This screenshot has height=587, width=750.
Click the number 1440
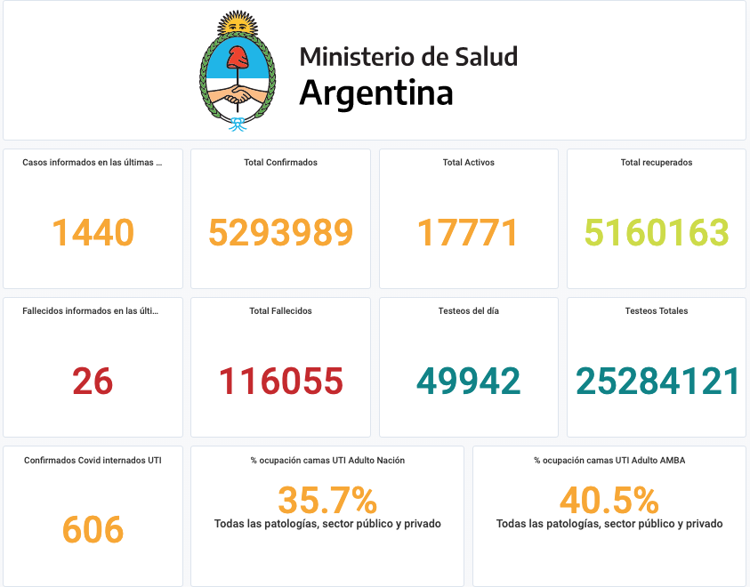tap(93, 233)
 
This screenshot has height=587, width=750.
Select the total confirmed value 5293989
tap(280, 233)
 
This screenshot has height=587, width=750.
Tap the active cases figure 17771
tap(468, 233)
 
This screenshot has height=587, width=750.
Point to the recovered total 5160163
tap(657, 233)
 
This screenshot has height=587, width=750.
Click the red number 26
tap(93, 382)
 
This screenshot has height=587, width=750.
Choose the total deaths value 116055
tap(280, 382)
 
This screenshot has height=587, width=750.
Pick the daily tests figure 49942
tap(468, 382)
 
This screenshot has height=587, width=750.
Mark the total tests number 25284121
tap(657, 382)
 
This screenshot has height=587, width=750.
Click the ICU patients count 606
tap(93, 530)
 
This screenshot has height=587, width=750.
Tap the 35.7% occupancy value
tap(327, 501)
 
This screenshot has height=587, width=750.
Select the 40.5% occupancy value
tap(609, 501)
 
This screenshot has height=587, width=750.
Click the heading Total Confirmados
tap(280, 163)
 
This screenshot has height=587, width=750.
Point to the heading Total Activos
tap(468, 163)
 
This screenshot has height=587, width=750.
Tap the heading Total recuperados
tap(657, 163)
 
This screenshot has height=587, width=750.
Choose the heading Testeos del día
tap(468, 311)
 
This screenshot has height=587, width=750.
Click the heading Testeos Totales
tap(657, 311)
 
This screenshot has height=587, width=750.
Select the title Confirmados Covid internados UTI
tap(93, 460)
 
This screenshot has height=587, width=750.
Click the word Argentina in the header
tap(376, 92)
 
